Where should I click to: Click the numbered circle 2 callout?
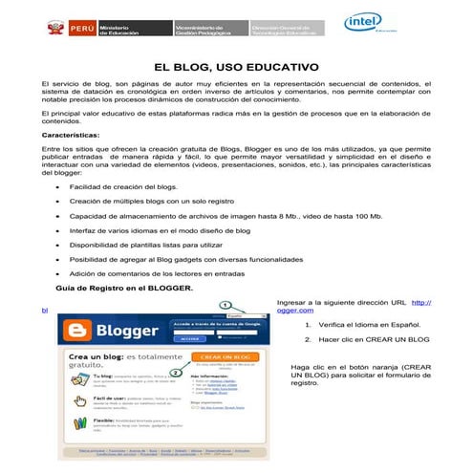[175, 373]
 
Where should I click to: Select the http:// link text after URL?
[419, 302]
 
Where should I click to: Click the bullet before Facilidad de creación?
[60, 187]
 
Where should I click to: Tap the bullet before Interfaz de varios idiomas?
[60, 230]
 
